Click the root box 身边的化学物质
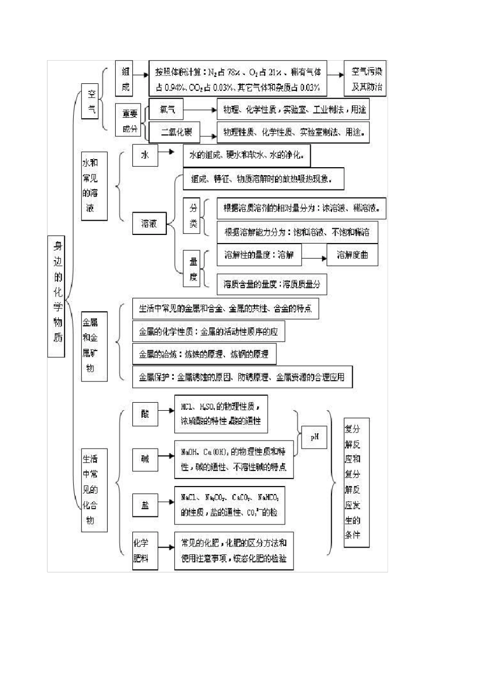click(57, 296)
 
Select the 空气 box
click(91, 101)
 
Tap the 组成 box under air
click(125, 79)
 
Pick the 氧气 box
click(167, 109)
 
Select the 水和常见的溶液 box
click(94, 186)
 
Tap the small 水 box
click(145, 155)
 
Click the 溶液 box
click(149, 224)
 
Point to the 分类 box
click(193, 216)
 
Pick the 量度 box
click(193, 269)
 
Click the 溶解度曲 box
click(352, 255)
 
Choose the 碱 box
click(145, 459)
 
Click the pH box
click(314, 437)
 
